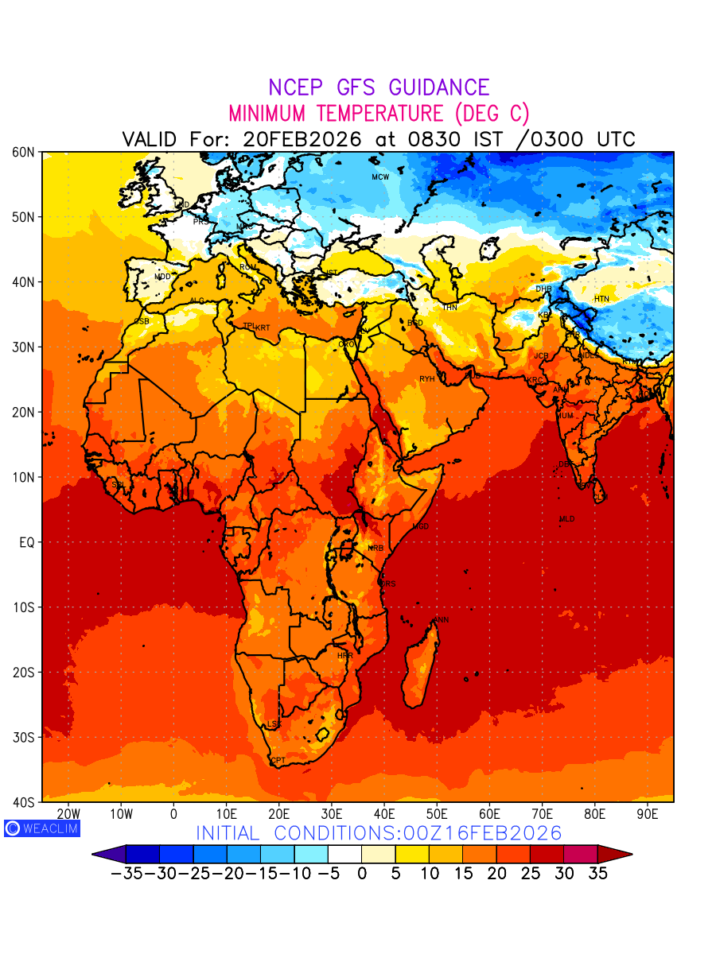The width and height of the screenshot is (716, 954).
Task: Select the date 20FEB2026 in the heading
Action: [302, 139]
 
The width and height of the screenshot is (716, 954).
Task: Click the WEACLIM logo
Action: [41, 828]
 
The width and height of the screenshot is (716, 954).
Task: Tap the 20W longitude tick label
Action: [69, 814]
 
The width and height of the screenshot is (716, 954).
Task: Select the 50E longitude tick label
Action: [437, 814]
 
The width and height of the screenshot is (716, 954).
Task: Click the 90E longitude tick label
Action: [648, 814]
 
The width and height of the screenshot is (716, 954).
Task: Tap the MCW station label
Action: [380, 176]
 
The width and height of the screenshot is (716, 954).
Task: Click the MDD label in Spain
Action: [162, 277]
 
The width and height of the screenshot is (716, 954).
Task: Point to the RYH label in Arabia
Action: [427, 379]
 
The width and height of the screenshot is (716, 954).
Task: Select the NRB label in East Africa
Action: [376, 549]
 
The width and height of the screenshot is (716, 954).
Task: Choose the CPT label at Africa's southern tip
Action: [278, 761]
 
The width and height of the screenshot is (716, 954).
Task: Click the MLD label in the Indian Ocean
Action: [566, 519]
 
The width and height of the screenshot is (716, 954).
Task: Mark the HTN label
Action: [601, 299]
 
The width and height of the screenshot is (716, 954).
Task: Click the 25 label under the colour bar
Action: [531, 873]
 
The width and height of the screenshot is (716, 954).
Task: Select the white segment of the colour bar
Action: [344, 855]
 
